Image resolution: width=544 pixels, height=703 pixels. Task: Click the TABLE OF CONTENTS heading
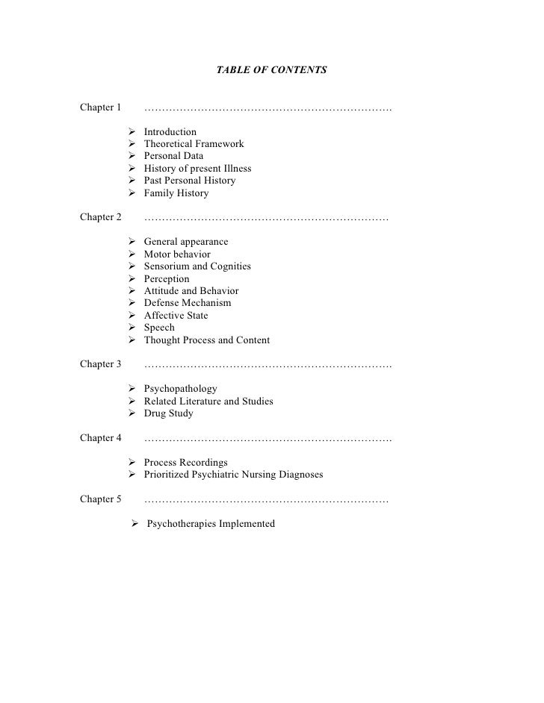(x=271, y=70)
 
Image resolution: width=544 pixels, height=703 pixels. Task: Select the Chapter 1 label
(x=100, y=107)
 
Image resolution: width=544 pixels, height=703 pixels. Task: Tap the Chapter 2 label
(x=100, y=218)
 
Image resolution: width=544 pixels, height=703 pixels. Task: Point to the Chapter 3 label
(x=100, y=364)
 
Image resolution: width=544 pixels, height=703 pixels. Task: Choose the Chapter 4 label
(x=100, y=437)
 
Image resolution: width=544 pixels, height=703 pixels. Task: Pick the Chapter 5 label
(x=100, y=499)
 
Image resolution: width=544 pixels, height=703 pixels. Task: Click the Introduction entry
(x=170, y=132)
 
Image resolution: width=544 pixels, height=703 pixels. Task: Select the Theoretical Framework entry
(x=194, y=144)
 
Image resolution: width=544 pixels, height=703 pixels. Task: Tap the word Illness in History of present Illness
(x=234, y=169)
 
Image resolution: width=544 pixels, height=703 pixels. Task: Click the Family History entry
(x=176, y=193)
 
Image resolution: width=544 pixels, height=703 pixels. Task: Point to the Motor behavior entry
(x=177, y=254)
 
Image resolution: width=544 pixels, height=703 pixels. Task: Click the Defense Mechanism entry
(x=188, y=303)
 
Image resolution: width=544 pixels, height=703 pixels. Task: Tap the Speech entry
(x=159, y=328)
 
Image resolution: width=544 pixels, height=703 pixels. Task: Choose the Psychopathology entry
(x=181, y=389)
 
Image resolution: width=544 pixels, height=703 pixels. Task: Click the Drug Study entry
(x=168, y=413)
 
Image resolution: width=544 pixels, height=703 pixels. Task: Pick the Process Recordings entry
(x=186, y=463)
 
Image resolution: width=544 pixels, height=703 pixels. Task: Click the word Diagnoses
(x=297, y=475)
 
